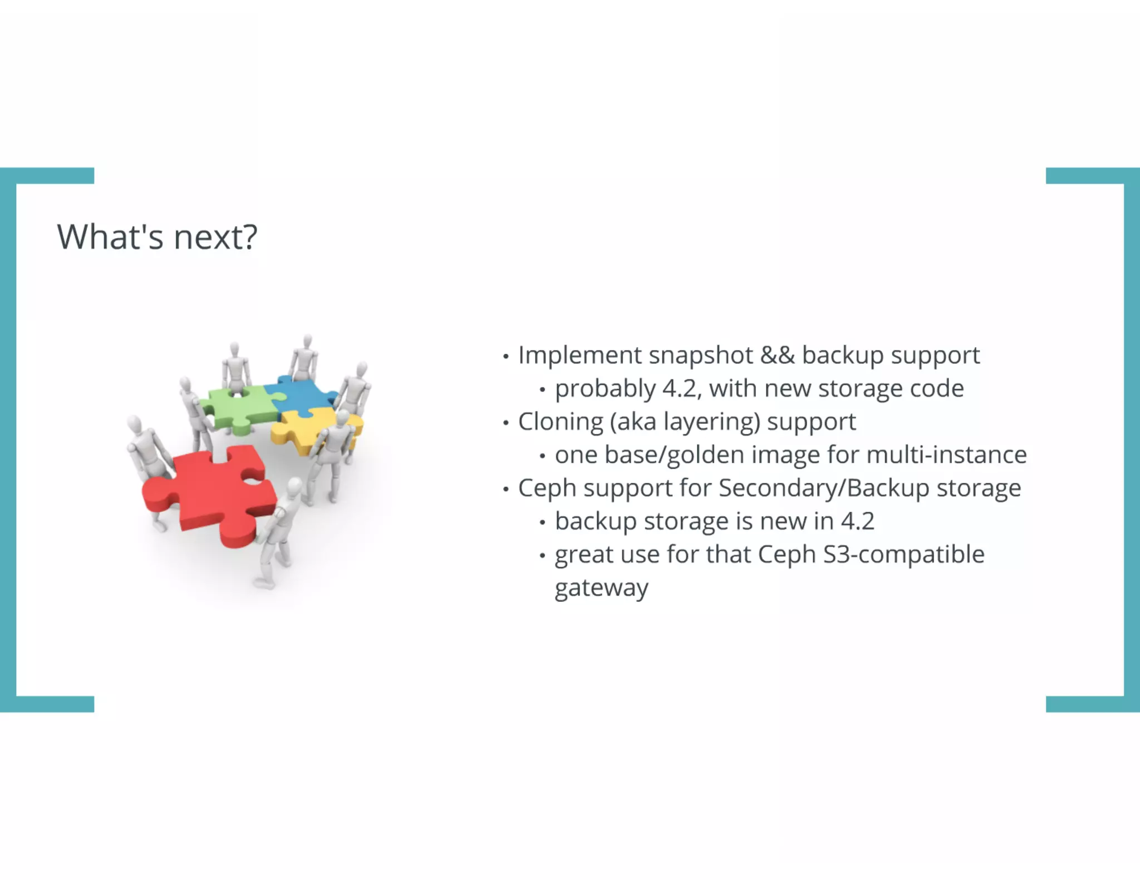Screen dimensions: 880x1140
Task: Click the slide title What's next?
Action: click(157, 237)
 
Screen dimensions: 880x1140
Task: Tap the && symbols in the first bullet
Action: click(777, 355)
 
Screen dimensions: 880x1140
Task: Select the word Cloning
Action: click(560, 422)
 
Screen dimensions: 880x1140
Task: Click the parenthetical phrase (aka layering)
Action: click(685, 422)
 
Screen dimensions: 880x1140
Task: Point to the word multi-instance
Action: click(946, 455)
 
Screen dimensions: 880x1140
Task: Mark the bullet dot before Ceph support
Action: click(505, 490)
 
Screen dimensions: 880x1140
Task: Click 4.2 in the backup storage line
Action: click(857, 522)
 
